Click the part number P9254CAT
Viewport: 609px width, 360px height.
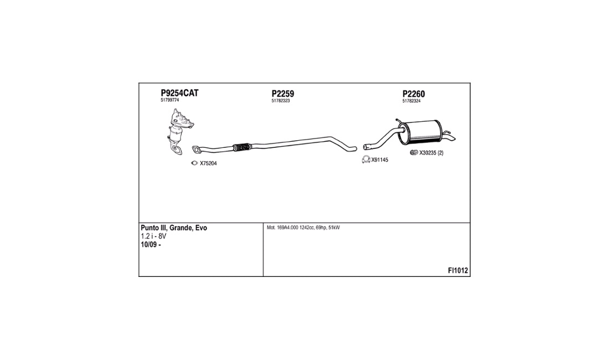tap(179, 93)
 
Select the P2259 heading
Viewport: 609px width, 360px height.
tap(283, 94)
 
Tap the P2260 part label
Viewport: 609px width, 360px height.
tap(414, 94)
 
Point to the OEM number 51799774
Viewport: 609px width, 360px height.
tap(170, 100)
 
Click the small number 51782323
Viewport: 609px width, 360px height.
tap(281, 101)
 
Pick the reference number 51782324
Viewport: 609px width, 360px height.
tap(411, 101)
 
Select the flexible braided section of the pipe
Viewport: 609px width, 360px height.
tap(242, 147)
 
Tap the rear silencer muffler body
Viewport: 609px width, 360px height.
tap(420, 131)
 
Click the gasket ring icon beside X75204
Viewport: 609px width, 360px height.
tap(194, 163)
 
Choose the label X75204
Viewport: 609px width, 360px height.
tap(208, 163)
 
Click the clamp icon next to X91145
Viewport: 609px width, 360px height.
tap(366, 159)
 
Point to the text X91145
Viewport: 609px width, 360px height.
tap(379, 160)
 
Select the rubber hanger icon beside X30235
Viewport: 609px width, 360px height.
tap(414, 153)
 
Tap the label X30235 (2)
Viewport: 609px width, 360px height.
tap(431, 153)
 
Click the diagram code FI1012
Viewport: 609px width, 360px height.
tap(458, 271)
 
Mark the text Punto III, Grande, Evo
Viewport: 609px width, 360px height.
tap(174, 228)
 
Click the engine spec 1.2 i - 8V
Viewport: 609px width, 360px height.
tap(153, 236)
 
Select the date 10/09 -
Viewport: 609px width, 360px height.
tap(151, 245)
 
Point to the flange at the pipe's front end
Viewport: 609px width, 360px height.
tap(197, 149)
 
